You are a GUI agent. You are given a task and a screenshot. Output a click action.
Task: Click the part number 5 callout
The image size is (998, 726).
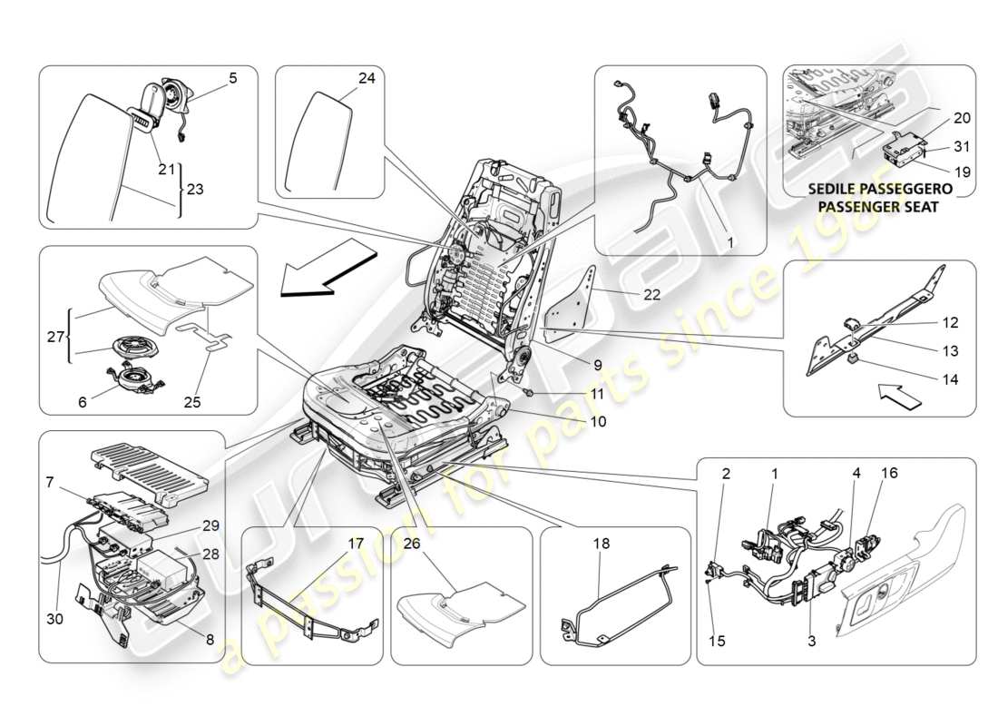click(x=232, y=79)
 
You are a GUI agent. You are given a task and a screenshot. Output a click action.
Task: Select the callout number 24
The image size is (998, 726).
click(x=366, y=79)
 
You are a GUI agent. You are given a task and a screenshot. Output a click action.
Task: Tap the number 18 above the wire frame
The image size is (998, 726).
click(x=602, y=544)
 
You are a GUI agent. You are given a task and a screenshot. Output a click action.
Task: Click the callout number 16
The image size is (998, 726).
click(x=888, y=474)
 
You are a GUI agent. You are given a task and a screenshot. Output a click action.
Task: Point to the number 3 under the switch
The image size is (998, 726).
click(x=811, y=641)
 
